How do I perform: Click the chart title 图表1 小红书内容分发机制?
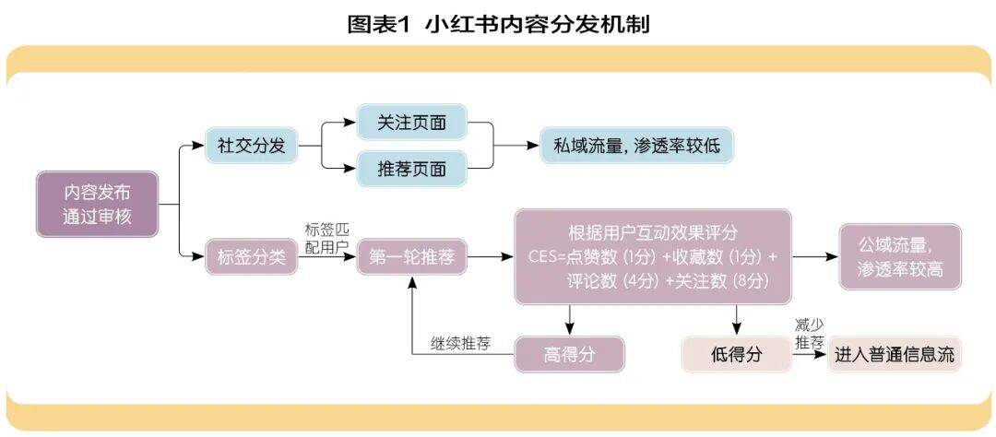click(498, 25)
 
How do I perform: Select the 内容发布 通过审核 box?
click(98, 204)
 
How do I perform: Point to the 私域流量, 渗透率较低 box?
click(637, 146)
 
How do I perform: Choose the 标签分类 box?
click(251, 258)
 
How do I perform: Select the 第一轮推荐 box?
click(411, 258)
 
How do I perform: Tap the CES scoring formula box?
click(653, 256)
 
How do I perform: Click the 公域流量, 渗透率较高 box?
click(899, 257)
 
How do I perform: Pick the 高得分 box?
click(569, 355)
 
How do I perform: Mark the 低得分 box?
click(736, 355)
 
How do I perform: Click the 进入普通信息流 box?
click(894, 355)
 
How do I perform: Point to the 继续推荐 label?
click(460, 344)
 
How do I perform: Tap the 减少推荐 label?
click(808, 335)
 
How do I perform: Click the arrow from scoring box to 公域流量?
click(813, 256)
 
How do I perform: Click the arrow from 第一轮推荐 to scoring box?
click(490, 258)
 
